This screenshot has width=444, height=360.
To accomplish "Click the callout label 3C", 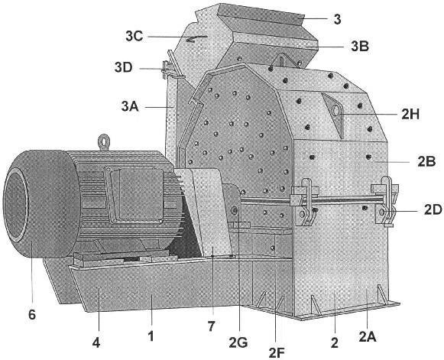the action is pos(134,36).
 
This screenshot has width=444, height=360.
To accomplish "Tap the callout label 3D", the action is pos(124,68).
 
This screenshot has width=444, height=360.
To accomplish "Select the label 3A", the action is pos(130,106).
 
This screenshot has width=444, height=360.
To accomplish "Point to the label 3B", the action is pos(360,47).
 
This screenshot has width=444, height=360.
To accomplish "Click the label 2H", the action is pos(410,114).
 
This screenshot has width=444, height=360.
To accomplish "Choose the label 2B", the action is pos(426,161).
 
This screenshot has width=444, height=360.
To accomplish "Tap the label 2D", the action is pos(433,210).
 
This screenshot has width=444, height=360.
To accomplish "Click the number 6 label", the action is pos(32,314).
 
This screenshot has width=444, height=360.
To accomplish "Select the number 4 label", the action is pos(96,343).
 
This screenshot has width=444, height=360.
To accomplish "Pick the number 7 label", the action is pos(211,326).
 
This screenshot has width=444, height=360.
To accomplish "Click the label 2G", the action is pos(238,343).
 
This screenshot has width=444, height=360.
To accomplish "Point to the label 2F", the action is pos(277,352).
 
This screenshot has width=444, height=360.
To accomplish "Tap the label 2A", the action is pos(368,337).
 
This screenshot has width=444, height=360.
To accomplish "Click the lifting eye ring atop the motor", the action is pos(104,141).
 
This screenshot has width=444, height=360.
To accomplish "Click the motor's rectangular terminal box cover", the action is pos(137,195).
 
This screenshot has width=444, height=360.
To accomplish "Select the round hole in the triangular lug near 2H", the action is pos(335,110).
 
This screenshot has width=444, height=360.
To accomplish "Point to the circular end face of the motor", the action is pos(16,204).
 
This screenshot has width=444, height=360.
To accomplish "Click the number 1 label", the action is pos(151,336).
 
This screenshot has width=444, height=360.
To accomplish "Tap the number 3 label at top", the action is pos(337,20).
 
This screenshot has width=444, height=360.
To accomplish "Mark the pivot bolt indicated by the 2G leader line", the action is pos(235,210).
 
